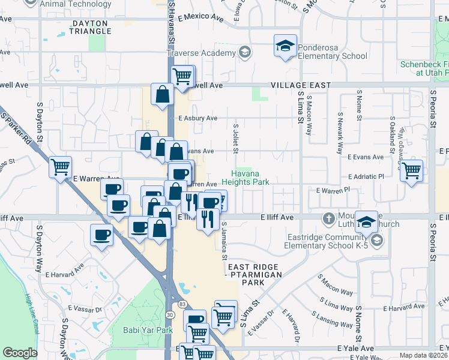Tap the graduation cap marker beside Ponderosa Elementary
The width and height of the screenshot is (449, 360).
286,46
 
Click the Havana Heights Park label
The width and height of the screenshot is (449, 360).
245,176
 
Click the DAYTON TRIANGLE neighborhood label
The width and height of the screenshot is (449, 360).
90,27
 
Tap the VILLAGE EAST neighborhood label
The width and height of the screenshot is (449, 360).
300,86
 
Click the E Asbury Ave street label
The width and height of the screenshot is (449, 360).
197,118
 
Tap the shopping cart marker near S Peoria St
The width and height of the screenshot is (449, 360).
411,170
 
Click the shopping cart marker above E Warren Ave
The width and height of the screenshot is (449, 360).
60,167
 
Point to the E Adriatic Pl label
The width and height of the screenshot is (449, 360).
366,177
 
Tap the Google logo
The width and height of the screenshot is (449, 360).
20,353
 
